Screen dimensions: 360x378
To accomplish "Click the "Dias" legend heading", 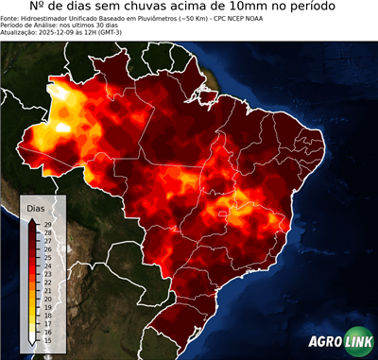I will pyautogui.click(x=36, y=207).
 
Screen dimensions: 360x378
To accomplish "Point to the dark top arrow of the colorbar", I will pyautogui.click(x=33, y=219).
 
